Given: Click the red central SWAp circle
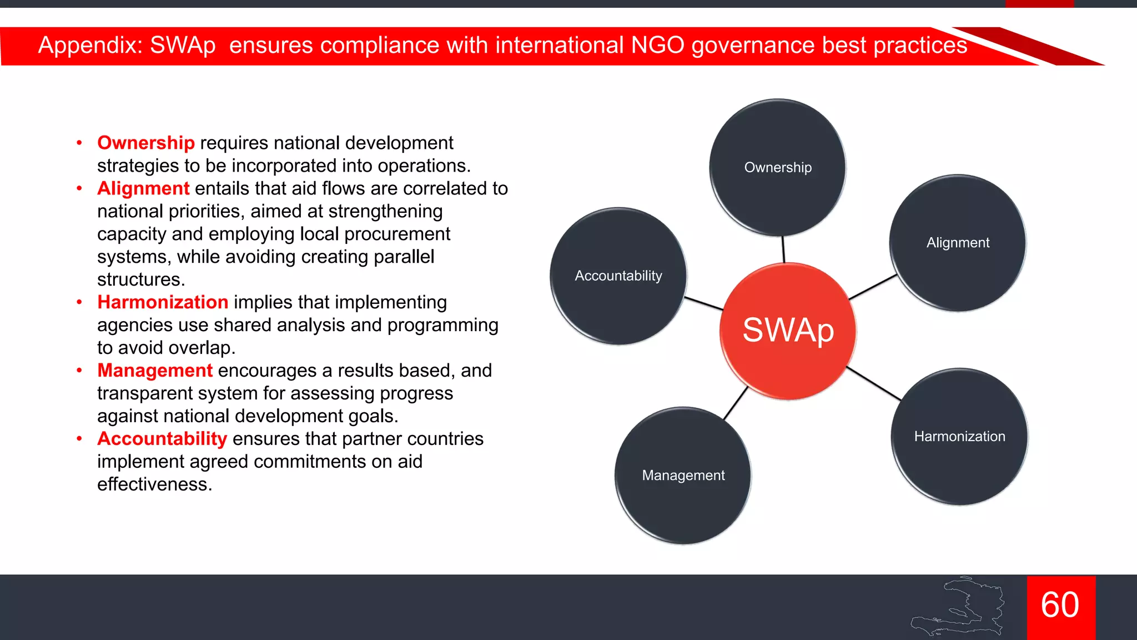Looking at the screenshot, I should pos(788,331).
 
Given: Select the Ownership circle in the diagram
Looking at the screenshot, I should pos(778,167).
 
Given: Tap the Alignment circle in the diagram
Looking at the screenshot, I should pos(958,243).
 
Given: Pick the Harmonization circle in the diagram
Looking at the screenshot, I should pos(959,437).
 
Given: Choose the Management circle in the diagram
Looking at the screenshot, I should pos(683,476).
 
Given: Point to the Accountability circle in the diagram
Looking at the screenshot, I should pos(618,276).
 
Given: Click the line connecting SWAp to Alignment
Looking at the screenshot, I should pos(873,287).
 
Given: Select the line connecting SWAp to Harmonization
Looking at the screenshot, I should pos(873,383).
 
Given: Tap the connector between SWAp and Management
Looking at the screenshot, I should pos(736,403).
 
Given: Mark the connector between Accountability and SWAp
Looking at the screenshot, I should pos(703,303).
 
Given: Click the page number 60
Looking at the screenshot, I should pos(1060,606).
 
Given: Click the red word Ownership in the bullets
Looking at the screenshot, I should pos(146,143).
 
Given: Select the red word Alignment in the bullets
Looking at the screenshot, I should pos(143,188).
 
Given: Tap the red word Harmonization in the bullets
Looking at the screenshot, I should pos(163,302).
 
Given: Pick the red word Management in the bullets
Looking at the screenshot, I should pos(155,371).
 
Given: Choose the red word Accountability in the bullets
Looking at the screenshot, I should pos(162,439).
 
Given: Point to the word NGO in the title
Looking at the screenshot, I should pos(658,45).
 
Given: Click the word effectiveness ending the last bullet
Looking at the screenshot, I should pos(154,484).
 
